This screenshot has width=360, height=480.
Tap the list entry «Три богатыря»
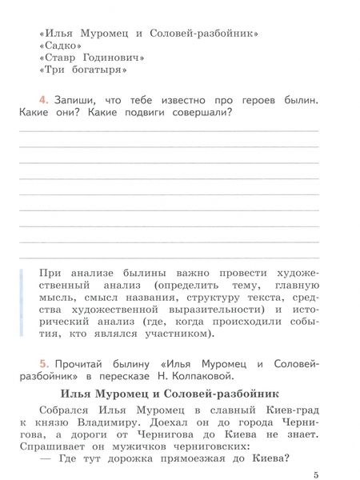pyautogui.click(x=83, y=70)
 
